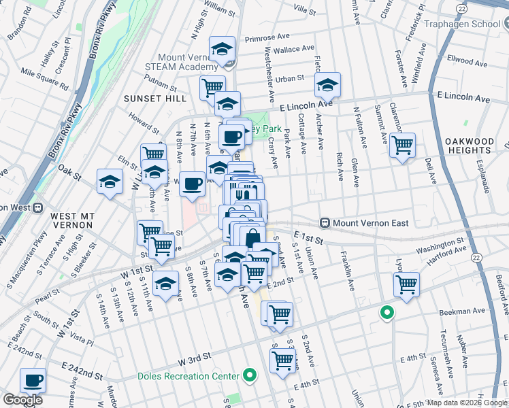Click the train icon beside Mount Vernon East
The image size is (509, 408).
(325, 222)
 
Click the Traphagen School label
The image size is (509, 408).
(463, 24)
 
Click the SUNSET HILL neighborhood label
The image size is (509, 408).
(154, 99)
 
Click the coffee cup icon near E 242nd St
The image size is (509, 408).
(33, 380)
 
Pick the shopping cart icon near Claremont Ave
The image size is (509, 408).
(403, 144)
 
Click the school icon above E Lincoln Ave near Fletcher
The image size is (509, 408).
(328, 84)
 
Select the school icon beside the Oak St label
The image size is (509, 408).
(110, 182)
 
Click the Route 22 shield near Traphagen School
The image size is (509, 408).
(462, 7)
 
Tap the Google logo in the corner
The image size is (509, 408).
(22, 400)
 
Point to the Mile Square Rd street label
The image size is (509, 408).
(45, 80)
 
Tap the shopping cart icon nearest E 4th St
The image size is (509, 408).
(282, 361)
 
